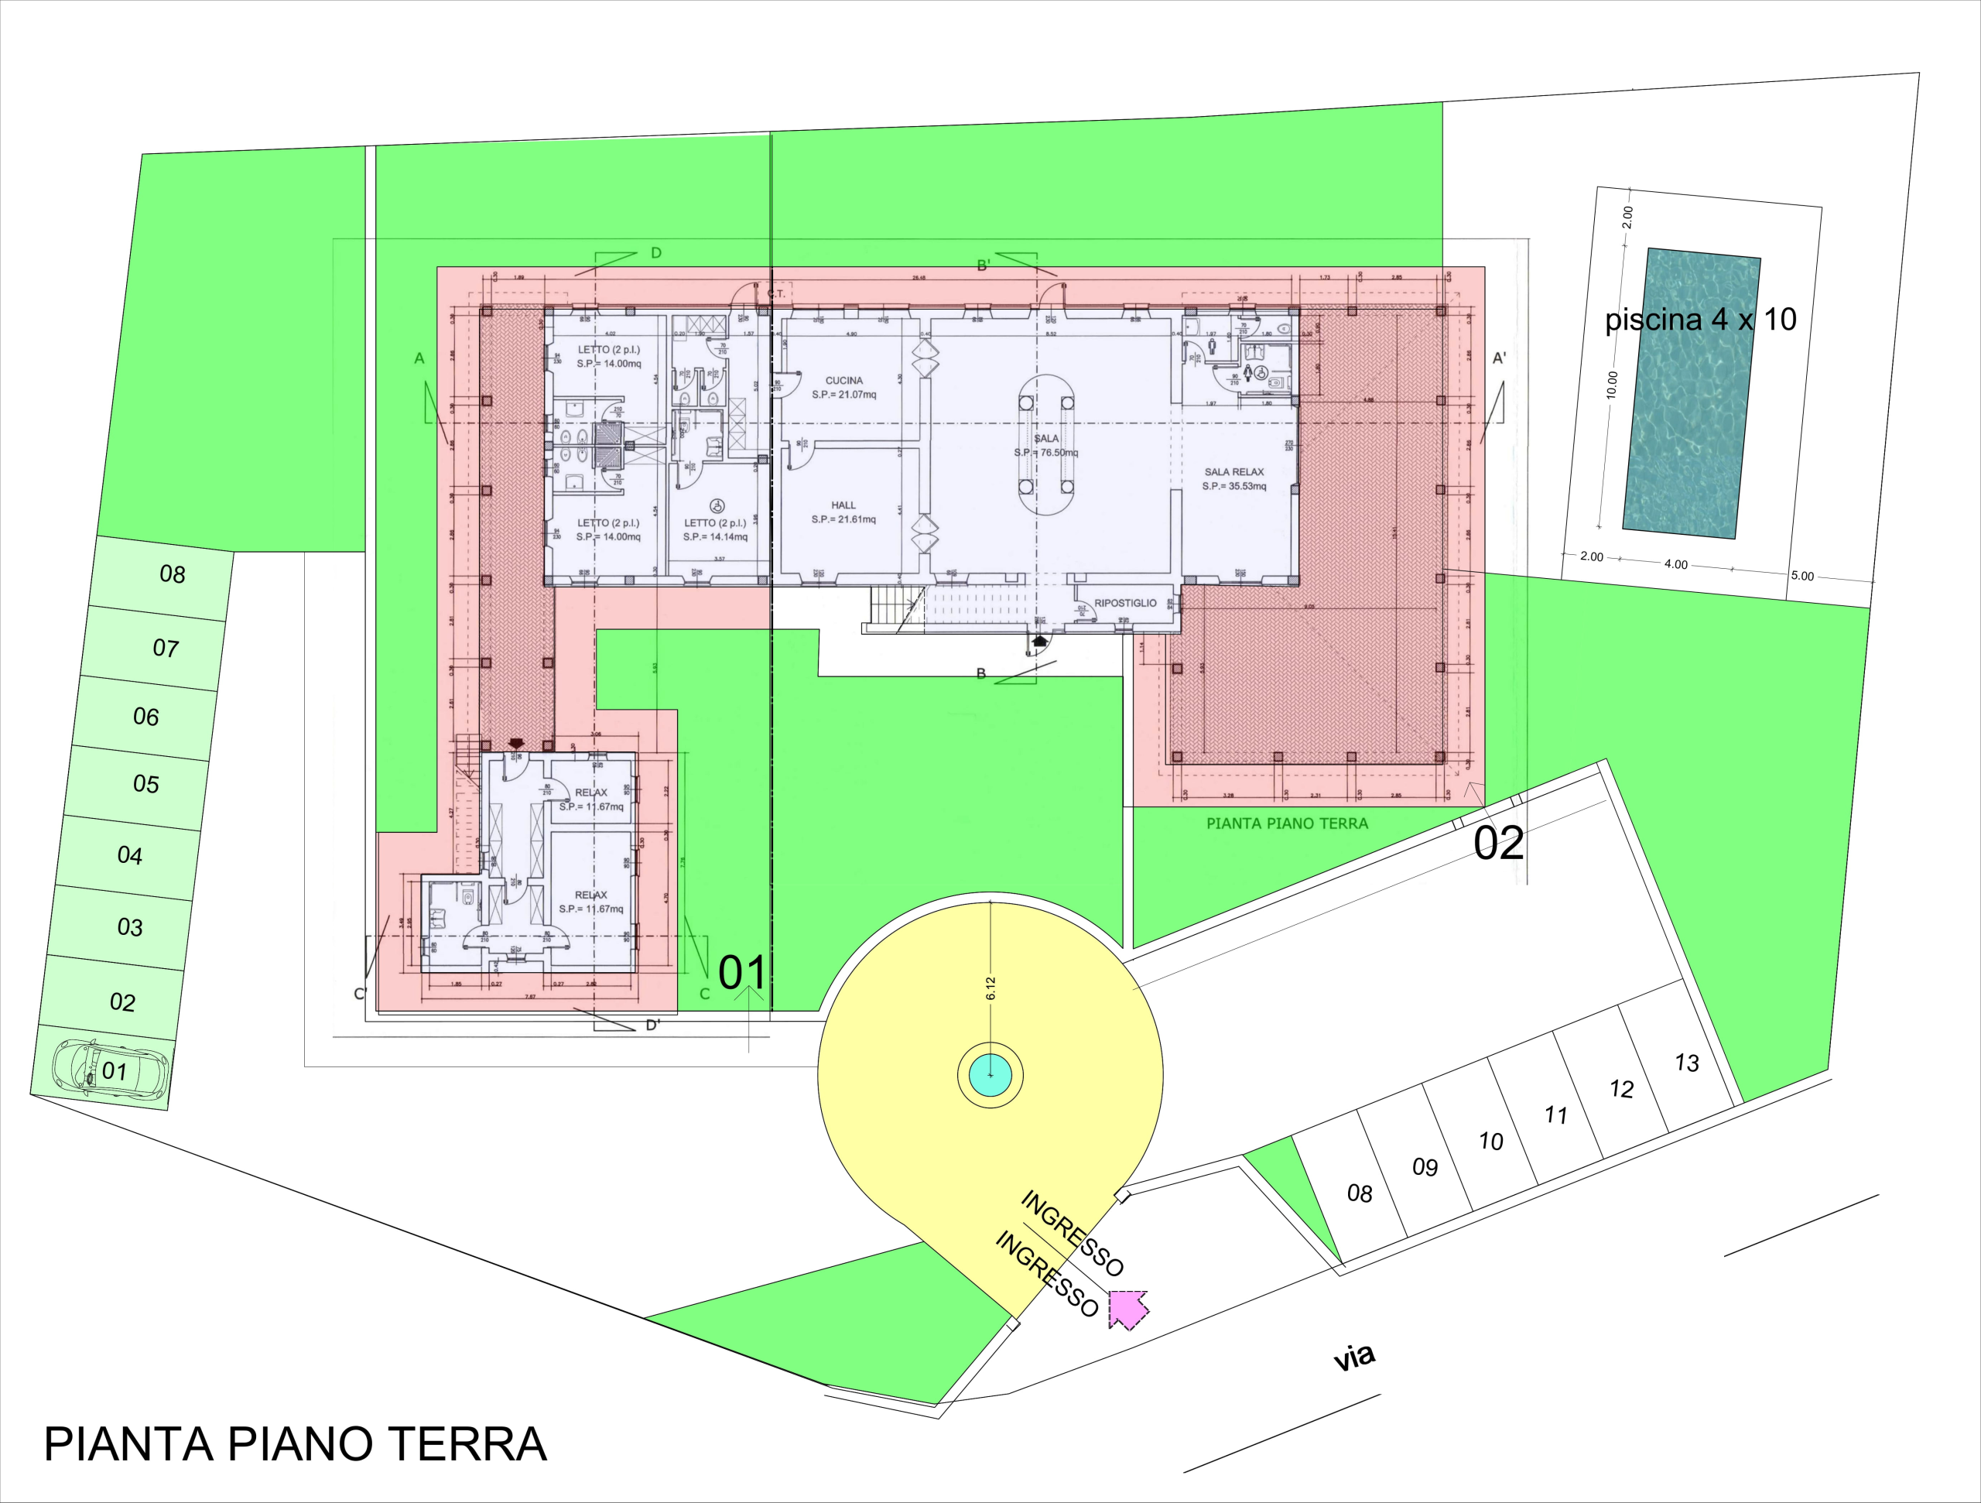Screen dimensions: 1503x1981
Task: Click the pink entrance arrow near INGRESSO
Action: (x=1127, y=1309)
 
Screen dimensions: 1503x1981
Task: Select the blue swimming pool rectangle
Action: (x=1691, y=394)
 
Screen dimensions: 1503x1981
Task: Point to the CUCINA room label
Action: (x=843, y=381)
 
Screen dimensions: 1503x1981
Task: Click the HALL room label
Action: (x=843, y=505)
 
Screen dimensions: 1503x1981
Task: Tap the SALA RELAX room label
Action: (x=1233, y=472)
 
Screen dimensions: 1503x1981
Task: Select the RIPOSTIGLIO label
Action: (x=1125, y=603)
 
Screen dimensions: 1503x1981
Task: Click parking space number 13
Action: (x=1687, y=1063)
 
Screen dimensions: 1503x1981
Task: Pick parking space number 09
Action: (x=1425, y=1166)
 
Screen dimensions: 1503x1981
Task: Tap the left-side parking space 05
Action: (x=146, y=784)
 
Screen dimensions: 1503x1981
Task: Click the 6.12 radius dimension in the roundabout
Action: (x=991, y=988)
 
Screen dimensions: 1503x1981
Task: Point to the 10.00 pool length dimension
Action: (x=1613, y=385)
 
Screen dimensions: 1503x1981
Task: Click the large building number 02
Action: (x=1498, y=844)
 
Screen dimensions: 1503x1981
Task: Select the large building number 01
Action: (x=742, y=973)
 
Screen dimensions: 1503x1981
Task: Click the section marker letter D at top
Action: (x=655, y=254)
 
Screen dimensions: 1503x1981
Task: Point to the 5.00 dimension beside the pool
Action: (x=1802, y=576)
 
